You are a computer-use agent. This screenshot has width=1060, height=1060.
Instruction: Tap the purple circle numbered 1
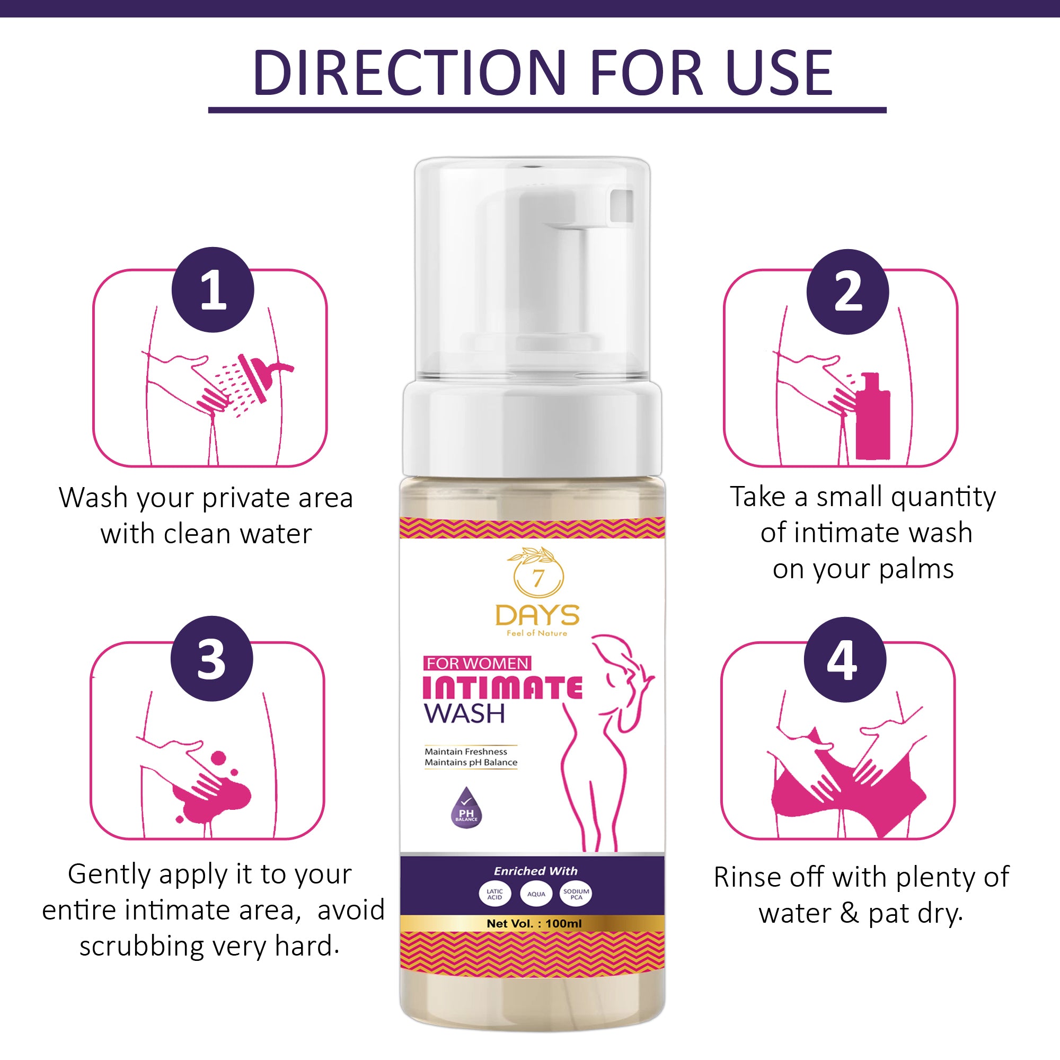pos(213,290)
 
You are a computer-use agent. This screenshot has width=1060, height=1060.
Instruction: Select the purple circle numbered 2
pos(847,292)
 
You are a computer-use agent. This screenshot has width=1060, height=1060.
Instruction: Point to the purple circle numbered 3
pos(212,659)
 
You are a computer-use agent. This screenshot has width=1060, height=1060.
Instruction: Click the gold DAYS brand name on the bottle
pos(537,615)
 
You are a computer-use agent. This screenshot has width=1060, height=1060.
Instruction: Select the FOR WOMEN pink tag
pos(477,664)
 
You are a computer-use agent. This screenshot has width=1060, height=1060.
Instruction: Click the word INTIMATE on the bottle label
pos(502,687)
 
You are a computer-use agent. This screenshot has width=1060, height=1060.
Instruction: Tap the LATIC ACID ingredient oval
pos(494,894)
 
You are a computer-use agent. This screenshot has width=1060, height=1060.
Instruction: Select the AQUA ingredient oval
pos(536,894)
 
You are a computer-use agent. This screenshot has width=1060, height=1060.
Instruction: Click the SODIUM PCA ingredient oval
pos(576,894)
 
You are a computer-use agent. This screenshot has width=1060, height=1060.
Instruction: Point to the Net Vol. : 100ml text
pos(534,924)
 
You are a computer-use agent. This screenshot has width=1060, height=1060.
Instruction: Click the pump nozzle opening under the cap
pos(622,206)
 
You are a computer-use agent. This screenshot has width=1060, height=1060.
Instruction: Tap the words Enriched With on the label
pos(535,871)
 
